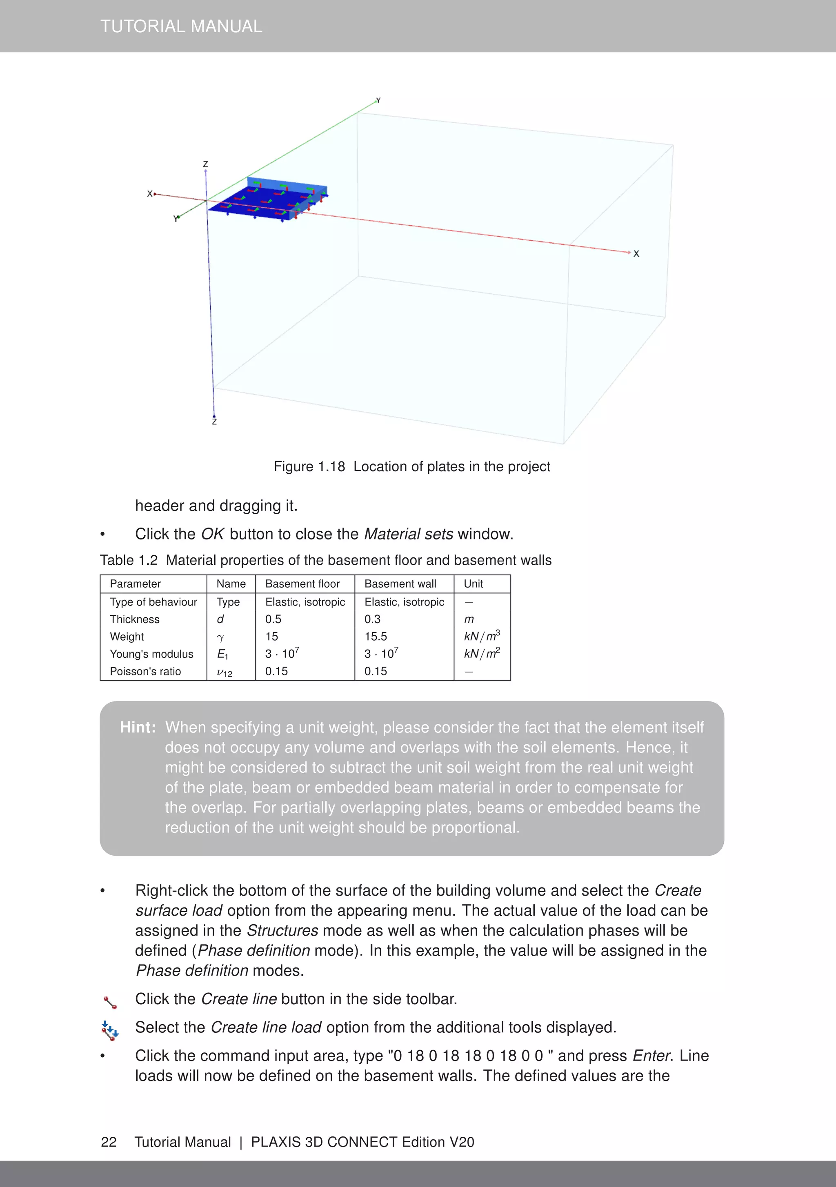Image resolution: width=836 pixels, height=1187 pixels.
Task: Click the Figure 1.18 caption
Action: click(x=412, y=466)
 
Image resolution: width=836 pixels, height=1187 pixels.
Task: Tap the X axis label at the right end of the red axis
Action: click(x=636, y=254)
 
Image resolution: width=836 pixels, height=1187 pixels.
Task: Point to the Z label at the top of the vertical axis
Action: click(x=205, y=164)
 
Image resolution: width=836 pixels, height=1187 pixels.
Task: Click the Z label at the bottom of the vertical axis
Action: click(x=214, y=422)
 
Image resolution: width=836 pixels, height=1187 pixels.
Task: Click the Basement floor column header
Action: click(x=302, y=584)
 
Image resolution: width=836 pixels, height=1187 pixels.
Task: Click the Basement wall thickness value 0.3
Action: click(x=372, y=619)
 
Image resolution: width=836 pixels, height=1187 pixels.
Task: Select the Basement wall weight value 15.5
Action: click(x=376, y=637)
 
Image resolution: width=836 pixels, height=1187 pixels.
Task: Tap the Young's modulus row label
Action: click(x=151, y=654)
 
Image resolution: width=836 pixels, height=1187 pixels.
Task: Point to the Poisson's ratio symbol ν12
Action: click(x=224, y=672)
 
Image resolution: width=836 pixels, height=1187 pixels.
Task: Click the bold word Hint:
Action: click(x=138, y=728)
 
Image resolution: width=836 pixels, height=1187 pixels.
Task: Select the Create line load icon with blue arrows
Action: click(x=110, y=1030)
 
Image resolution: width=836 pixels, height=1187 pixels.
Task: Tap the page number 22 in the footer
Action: click(x=109, y=1142)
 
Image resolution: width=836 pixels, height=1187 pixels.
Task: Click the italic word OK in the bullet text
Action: click(x=212, y=534)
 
